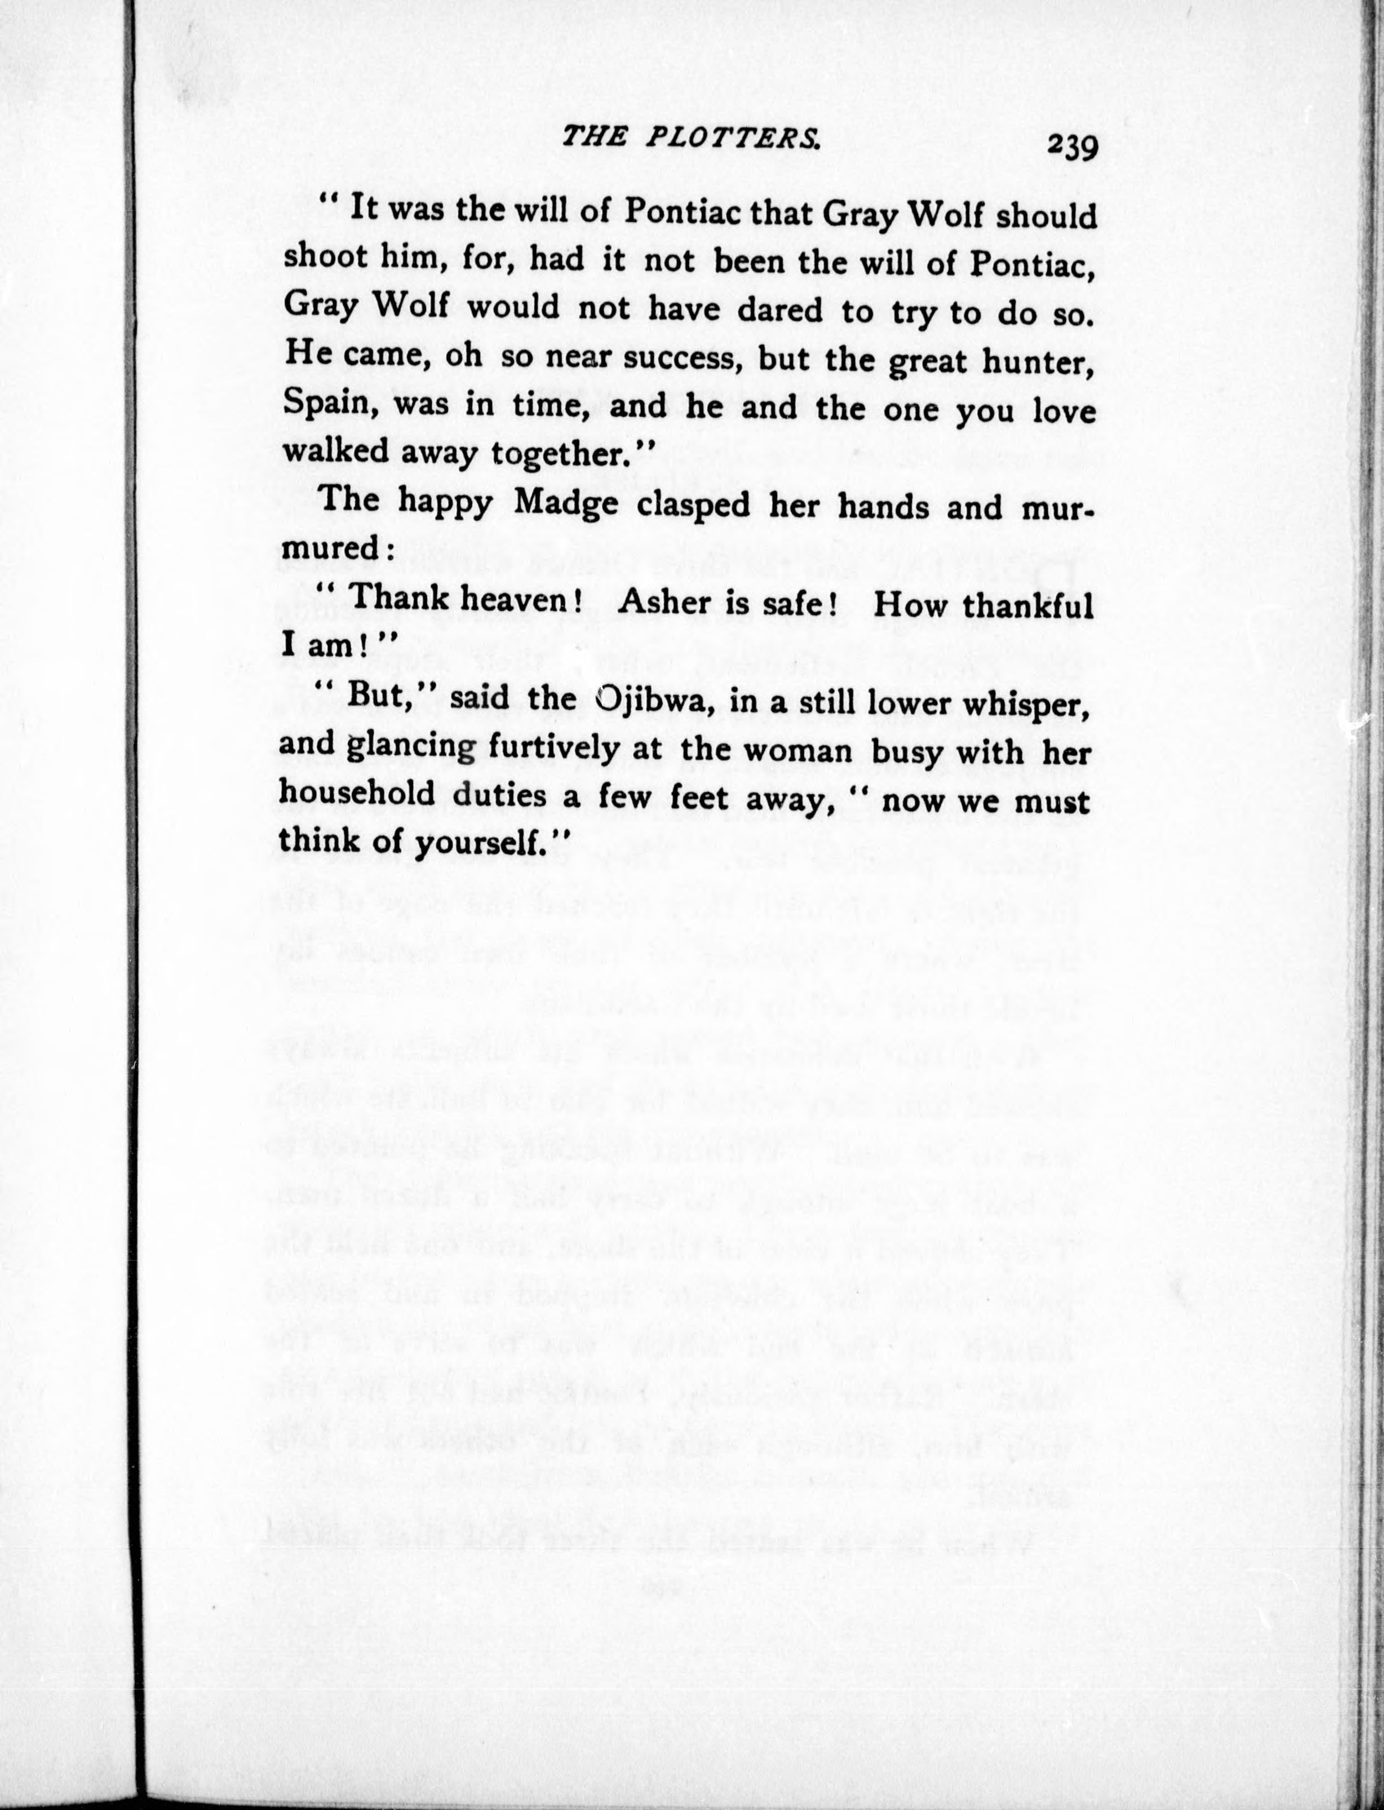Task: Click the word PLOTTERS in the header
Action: click(732, 139)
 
